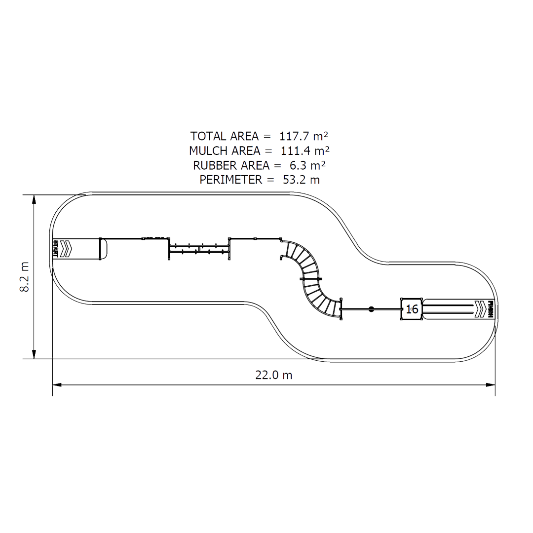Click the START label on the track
pyautogui.click(x=56, y=249)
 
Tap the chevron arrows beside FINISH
pyautogui.click(x=480, y=309)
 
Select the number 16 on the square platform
pyautogui.click(x=412, y=309)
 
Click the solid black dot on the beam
pyautogui.click(x=372, y=309)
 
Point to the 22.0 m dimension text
pyautogui.click(x=273, y=375)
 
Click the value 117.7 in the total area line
pyautogui.click(x=295, y=136)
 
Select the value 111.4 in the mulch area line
pyautogui.click(x=295, y=151)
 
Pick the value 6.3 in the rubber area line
pyautogui.click(x=298, y=165)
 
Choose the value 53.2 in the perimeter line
pyautogui.click(x=293, y=180)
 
